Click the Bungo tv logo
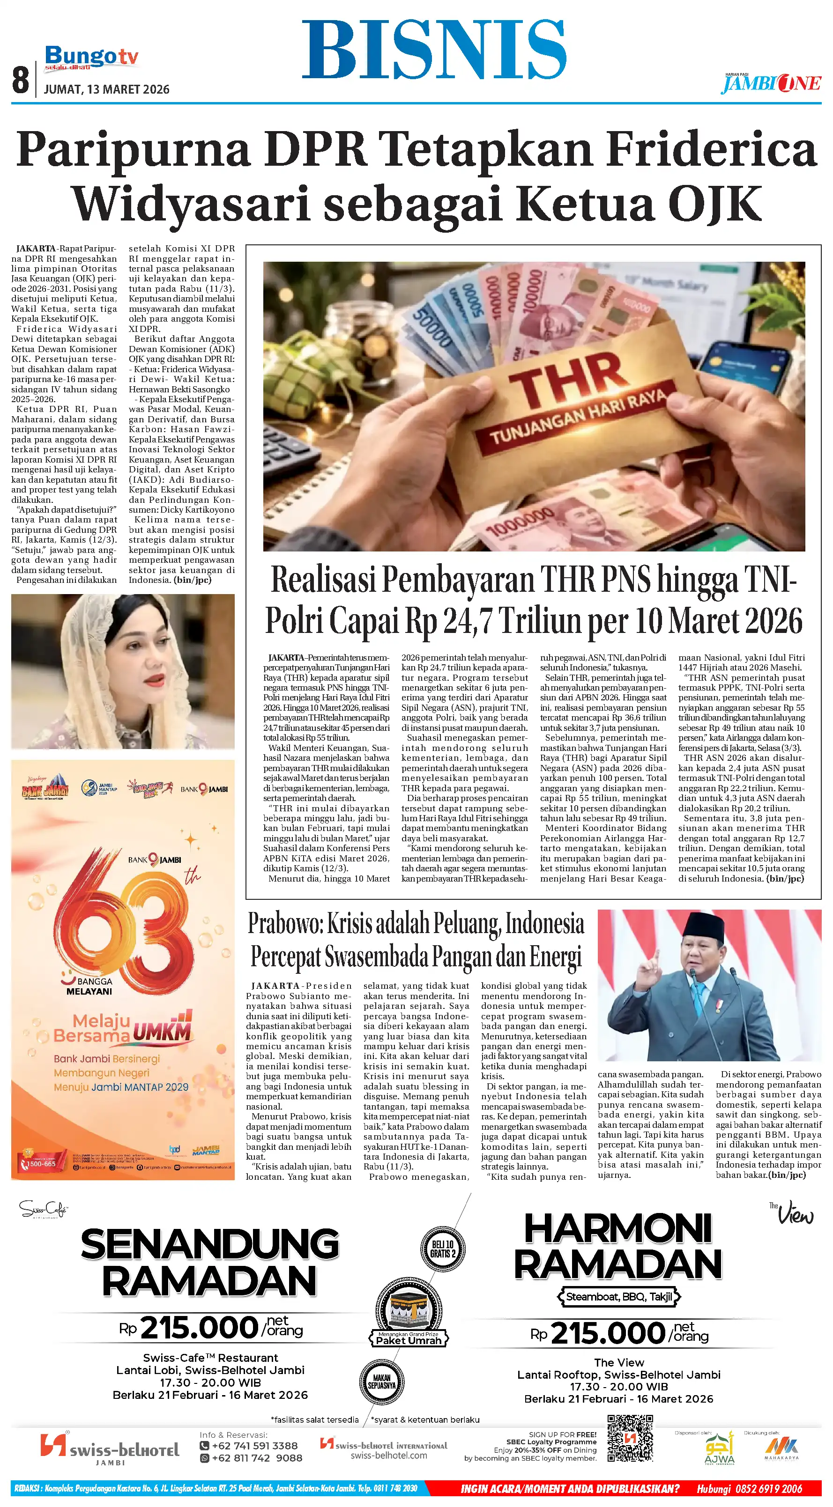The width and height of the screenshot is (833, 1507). pyautogui.click(x=91, y=59)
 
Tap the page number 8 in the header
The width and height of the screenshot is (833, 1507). pyautogui.click(x=21, y=80)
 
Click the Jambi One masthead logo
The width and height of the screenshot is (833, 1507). pyautogui.click(x=771, y=84)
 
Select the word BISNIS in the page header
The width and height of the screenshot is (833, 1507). pyautogui.click(x=434, y=50)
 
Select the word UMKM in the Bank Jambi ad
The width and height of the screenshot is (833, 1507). pyautogui.click(x=162, y=1033)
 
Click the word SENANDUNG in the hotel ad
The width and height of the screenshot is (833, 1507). pyautogui.click(x=209, y=1244)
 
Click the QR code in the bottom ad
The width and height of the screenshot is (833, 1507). pyautogui.click(x=629, y=1439)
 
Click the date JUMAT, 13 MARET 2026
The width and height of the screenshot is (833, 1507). pyautogui.click(x=106, y=89)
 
